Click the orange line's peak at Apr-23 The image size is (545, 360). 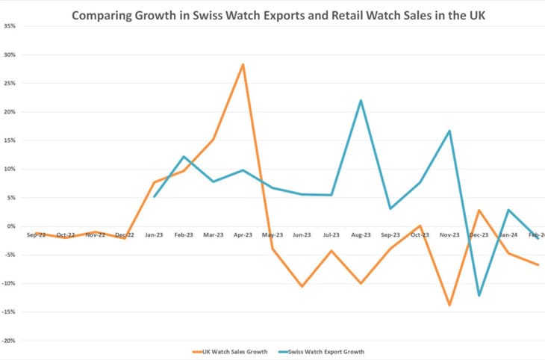(x=243, y=65)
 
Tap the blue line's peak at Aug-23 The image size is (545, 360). (x=361, y=100)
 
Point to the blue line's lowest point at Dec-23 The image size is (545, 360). (x=479, y=296)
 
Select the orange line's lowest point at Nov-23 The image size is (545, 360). (x=449, y=305)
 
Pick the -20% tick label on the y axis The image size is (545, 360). (x=10, y=341)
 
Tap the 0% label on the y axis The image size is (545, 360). (x=11, y=226)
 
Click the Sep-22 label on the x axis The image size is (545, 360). (x=36, y=235)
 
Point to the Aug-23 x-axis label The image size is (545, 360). (x=361, y=235)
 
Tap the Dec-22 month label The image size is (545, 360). (x=125, y=235)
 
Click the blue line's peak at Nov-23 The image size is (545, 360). (x=449, y=131)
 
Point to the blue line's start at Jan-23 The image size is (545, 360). (x=154, y=196)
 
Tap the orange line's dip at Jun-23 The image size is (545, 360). (x=302, y=286)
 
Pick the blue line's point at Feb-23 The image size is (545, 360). (x=184, y=157)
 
